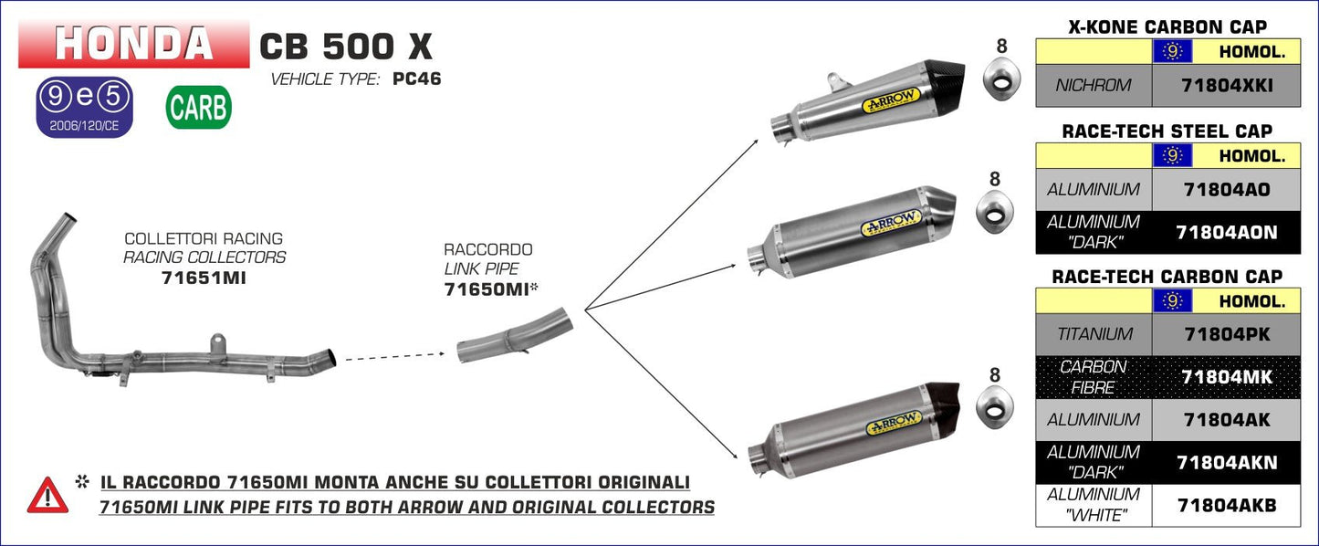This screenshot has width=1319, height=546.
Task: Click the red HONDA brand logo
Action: coord(133,43)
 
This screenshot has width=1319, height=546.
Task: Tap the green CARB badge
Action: coord(198,108)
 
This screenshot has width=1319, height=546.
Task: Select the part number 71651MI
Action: coord(204,277)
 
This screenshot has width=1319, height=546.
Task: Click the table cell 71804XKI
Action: coord(1226,85)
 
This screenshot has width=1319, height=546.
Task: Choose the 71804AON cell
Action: coord(1226,232)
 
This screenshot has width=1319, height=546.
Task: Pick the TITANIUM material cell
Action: coord(1094,334)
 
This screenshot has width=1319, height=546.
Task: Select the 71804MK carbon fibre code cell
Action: coord(1226,376)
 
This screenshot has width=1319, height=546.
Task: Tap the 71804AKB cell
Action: coord(1226,504)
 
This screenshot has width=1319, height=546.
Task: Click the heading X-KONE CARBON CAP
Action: coord(1167,27)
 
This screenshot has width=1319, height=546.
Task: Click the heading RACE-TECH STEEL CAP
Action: coord(1167,131)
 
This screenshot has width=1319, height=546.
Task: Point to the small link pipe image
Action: coord(513,337)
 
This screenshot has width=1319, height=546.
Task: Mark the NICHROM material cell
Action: coord(1094,85)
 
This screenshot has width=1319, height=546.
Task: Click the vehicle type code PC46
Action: coord(416,79)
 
